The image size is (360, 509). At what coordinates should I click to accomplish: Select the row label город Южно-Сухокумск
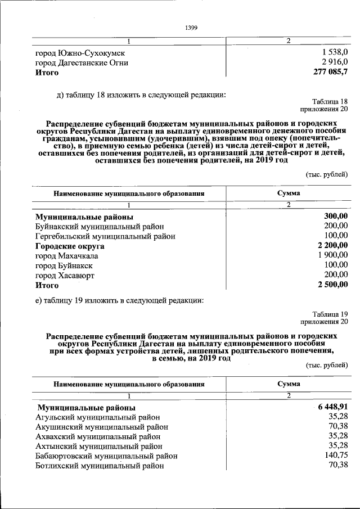80,53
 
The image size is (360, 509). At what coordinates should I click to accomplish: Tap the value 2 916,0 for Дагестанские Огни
335,62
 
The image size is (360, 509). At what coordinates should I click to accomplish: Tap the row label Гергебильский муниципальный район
105,236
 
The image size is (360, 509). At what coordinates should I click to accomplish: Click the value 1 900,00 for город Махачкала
332,255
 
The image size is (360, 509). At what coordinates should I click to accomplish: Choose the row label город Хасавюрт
65,276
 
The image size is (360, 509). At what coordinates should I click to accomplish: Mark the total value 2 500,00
332,286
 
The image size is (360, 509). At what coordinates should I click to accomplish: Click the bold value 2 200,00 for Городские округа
332,246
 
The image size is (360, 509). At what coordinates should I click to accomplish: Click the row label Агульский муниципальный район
97,417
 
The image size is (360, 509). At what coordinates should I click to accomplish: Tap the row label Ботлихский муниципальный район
100,466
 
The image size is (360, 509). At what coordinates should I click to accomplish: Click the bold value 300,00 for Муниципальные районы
336,216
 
